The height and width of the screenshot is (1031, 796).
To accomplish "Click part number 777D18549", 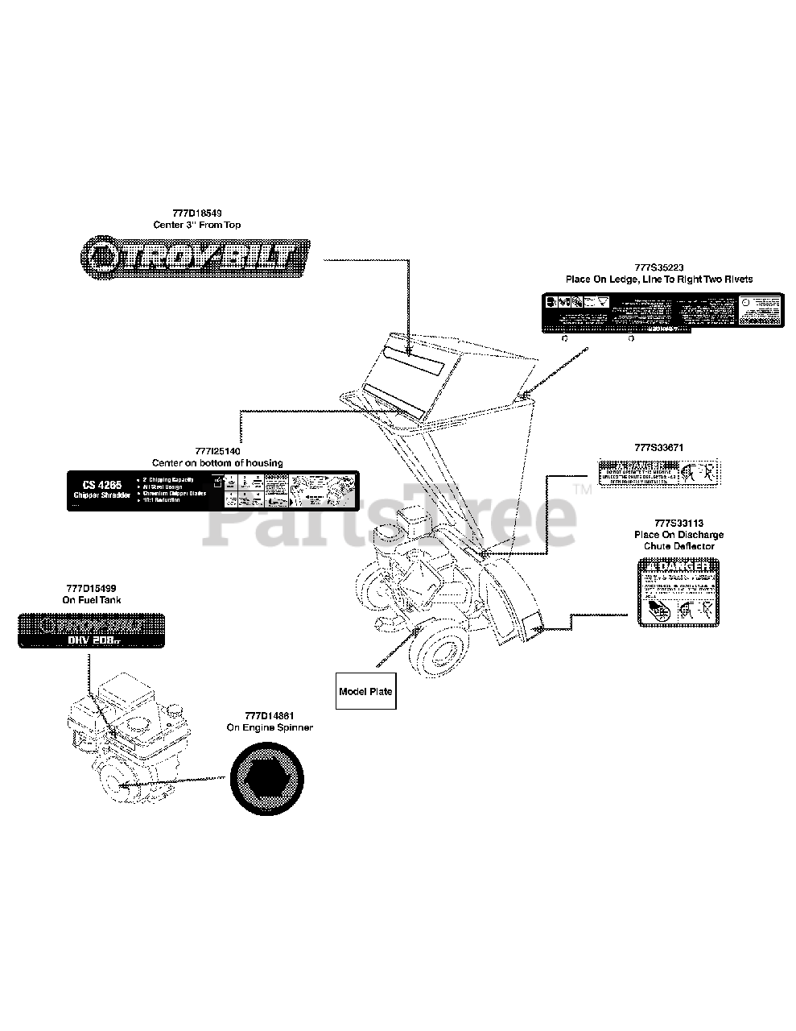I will [x=196, y=213].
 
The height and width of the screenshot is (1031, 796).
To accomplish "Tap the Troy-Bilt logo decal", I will [x=196, y=255].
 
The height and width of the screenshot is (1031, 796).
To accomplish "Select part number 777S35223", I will [x=658, y=267].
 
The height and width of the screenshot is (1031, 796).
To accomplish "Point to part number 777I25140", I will [x=217, y=451].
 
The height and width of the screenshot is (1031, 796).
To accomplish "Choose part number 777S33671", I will [x=658, y=447].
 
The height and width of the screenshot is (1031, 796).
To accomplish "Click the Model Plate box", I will [x=366, y=691].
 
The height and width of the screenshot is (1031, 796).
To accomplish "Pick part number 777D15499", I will [x=92, y=589].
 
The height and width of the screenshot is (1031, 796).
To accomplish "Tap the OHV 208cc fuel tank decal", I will [x=92, y=631].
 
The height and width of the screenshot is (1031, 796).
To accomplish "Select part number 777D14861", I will [x=269, y=715].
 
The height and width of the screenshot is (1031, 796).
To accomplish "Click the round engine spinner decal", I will [x=268, y=779].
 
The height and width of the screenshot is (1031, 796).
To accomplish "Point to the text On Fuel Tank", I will [x=92, y=600].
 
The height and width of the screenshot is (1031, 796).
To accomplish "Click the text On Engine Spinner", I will [x=269, y=727].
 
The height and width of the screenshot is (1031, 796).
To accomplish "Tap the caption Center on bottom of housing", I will [x=217, y=463].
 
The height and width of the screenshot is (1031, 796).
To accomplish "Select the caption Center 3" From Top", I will [x=196, y=225].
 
